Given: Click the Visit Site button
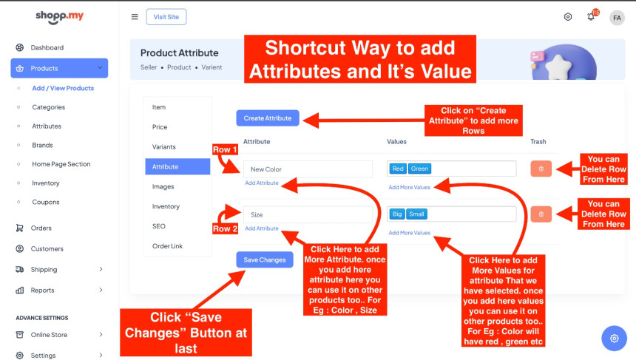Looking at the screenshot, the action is (166, 17).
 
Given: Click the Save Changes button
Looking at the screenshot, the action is (265, 260).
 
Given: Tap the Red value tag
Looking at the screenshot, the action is (398, 169).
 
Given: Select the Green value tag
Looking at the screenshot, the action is (419, 169).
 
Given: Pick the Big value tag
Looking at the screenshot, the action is (397, 214).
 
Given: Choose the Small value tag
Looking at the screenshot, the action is (416, 214).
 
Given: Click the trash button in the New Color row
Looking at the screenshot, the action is (541, 169).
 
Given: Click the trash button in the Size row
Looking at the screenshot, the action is (541, 214).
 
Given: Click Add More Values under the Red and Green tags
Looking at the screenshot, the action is (409, 187).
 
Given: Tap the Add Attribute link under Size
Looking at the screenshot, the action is (262, 228).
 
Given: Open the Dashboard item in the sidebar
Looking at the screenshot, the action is (47, 47).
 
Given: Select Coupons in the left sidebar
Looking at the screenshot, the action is (45, 202).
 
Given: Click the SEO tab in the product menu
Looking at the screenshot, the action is (158, 226).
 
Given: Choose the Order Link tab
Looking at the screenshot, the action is (168, 246).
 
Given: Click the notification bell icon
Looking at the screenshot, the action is (591, 16).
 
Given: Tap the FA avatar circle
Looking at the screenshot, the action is (617, 18).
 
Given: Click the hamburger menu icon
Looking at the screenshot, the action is (135, 17).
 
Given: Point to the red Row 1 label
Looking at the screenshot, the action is (225, 149).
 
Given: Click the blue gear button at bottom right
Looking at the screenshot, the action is (614, 338).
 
